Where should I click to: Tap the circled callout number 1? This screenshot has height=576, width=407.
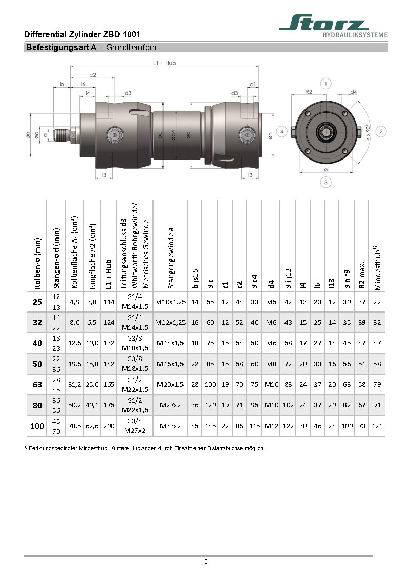point(325,83)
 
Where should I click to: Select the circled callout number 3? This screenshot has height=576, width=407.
point(325,181)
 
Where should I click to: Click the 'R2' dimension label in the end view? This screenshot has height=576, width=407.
point(309,92)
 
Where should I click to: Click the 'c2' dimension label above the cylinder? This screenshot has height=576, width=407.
point(93,75)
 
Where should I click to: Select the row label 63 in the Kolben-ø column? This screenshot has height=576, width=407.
point(37,384)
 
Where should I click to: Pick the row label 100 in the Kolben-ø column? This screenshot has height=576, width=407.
point(37,426)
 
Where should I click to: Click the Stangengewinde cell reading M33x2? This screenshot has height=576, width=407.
point(171,426)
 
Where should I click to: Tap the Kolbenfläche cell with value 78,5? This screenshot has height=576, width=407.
point(75,426)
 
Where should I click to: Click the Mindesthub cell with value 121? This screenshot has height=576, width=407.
point(378,426)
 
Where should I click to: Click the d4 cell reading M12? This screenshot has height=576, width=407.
point(272,426)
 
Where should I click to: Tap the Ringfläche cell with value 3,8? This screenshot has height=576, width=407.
point(92,302)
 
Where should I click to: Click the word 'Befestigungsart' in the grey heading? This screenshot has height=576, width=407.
point(50,48)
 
